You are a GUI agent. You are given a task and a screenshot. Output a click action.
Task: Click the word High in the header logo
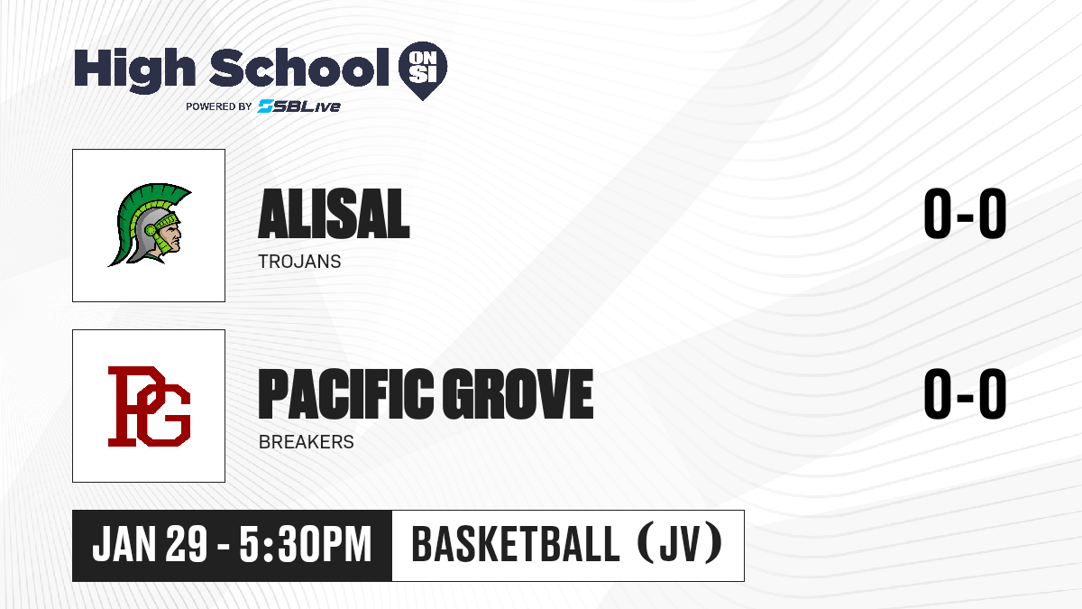(134, 69)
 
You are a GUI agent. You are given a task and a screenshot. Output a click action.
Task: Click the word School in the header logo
(299, 67)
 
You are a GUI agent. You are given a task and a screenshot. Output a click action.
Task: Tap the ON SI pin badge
(423, 70)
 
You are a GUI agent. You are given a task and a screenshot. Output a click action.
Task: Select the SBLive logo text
(299, 106)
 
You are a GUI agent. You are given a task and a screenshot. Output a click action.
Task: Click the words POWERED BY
(219, 106)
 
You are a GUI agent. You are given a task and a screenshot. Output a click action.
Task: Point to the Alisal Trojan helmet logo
(150, 225)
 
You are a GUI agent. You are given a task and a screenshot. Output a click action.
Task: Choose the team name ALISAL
(334, 214)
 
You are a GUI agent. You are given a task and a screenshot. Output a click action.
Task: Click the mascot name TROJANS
(299, 262)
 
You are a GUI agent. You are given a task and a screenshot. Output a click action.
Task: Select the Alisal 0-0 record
(965, 213)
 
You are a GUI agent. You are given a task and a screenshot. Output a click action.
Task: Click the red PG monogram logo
(149, 406)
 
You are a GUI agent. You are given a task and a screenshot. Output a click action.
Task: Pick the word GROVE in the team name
(518, 393)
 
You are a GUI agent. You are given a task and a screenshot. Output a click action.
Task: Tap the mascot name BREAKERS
(307, 442)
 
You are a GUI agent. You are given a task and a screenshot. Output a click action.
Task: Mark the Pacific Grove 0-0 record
(965, 393)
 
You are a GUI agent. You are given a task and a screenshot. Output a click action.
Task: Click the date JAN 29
(150, 544)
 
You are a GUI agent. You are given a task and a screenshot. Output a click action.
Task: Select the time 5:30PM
(306, 544)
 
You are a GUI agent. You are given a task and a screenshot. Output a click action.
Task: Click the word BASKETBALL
(516, 544)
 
